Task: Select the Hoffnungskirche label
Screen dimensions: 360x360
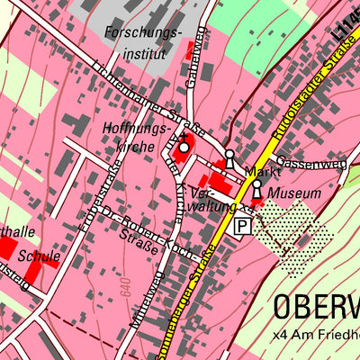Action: coord(137,138)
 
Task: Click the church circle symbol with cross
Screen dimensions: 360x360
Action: coord(184,147)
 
